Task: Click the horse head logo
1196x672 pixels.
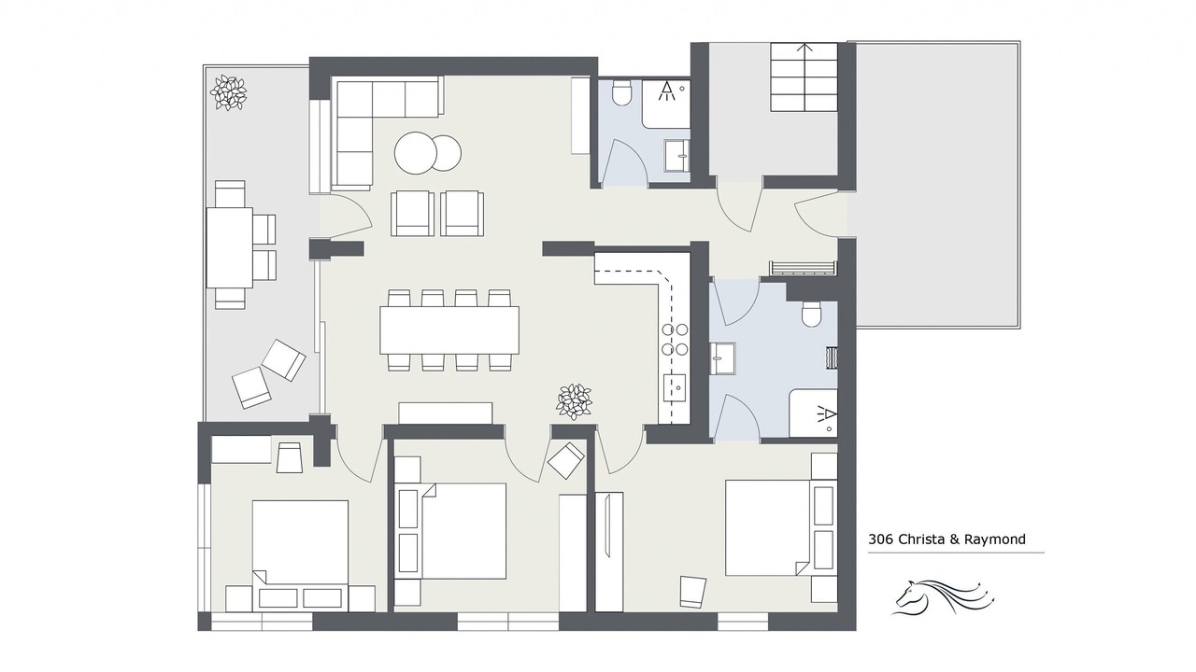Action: pos(943,597)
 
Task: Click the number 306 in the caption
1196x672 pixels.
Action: pos(881,539)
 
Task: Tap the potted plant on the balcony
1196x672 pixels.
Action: pos(229,92)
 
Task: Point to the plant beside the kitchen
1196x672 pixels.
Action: pos(574,401)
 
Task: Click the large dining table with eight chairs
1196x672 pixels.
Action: pos(449,330)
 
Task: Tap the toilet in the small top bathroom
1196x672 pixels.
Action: pos(621,92)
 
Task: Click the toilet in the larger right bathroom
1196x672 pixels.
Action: pos(812,315)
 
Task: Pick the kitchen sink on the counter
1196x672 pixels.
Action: pos(675,387)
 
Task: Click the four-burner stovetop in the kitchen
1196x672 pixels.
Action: pos(675,340)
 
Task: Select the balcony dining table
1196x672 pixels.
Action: pos(230,247)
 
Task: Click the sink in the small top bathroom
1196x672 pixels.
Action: pos(676,156)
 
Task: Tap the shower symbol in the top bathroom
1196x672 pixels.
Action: pos(667,91)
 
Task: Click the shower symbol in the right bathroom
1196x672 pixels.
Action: pos(825,414)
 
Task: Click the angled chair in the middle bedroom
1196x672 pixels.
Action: pos(566,460)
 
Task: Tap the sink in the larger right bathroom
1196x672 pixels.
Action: pos(723,358)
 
